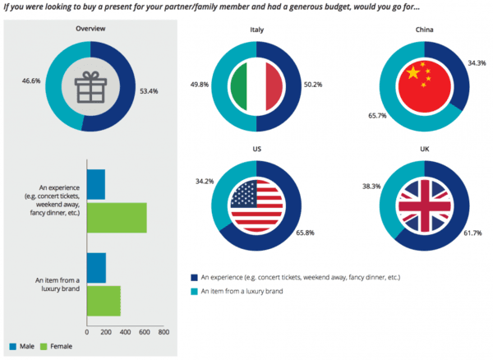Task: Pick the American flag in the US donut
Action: click(x=256, y=205)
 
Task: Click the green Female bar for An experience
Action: click(x=116, y=218)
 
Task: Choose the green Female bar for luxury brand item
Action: click(x=103, y=300)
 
